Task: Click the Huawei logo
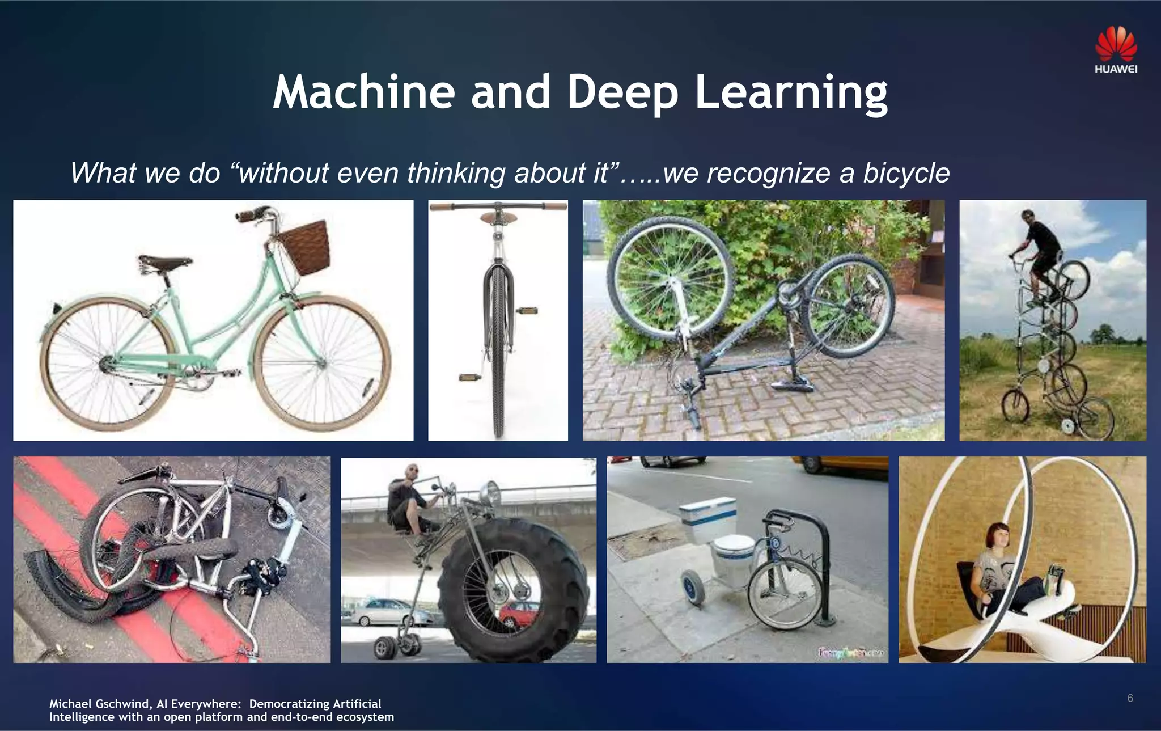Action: click(x=1116, y=50)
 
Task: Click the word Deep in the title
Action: click(x=622, y=92)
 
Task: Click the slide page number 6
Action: click(x=1130, y=698)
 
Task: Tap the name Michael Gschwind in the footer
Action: click(x=99, y=704)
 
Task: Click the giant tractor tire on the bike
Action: click(x=513, y=590)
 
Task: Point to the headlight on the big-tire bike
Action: click(x=490, y=491)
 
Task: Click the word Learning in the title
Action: click(x=791, y=92)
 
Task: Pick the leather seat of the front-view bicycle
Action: click(x=498, y=218)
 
